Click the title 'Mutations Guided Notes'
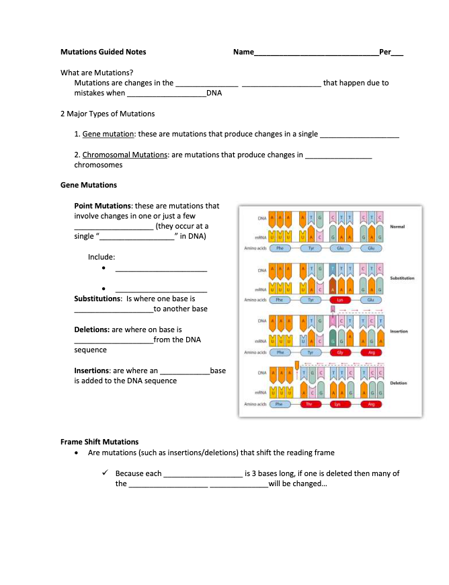click(x=103, y=52)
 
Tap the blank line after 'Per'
click(x=397, y=53)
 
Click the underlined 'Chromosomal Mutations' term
click(x=124, y=155)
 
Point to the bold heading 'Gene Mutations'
click(x=89, y=185)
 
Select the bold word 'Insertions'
click(x=91, y=370)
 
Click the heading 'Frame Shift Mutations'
click(x=99, y=442)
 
